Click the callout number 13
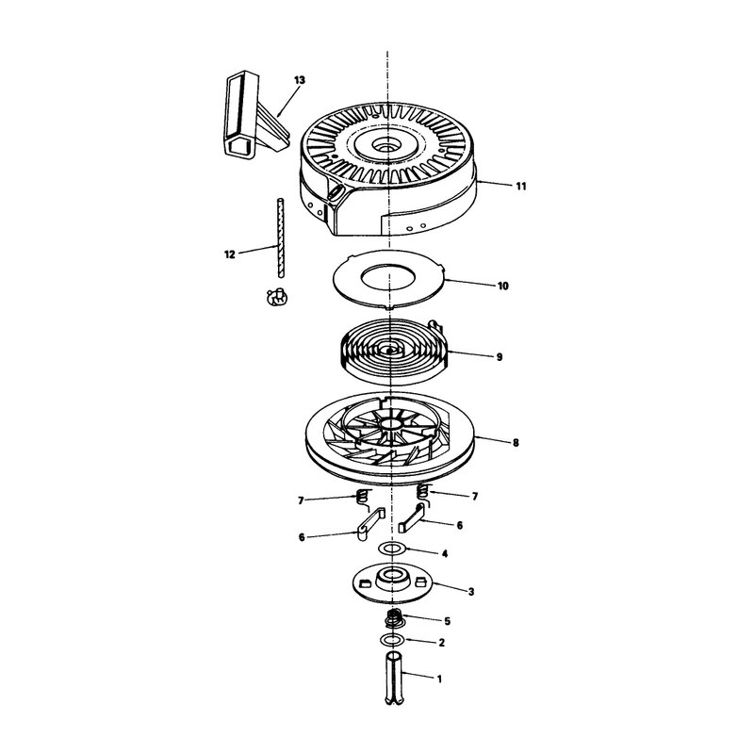click(x=299, y=80)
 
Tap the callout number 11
click(x=521, y=186)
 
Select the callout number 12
click(x=230, y=254)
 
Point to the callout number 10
click(x=503, y=287)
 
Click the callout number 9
click(x=500, y=357)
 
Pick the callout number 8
click(x=516, y=442)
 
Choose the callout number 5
click(x=447, y=621)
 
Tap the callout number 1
click(x=439, y=679)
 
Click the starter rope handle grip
click(x=254, y=114)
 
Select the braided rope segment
click(x=279, y=238)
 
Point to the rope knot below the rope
click(x=277, y=298)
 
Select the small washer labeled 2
click(x=393, y=640)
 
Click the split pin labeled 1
click(x=393, y=678)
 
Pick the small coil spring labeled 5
click(x=394, y=618)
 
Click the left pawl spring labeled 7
click(x=364, y=500)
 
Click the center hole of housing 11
click(x=387, y=143)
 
